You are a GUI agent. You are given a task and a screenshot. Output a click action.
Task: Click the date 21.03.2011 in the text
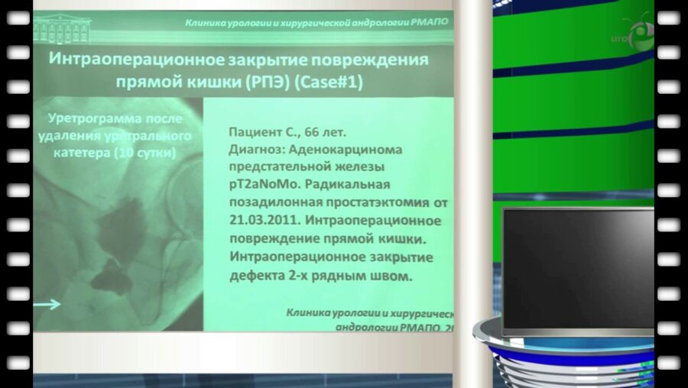point(260,221)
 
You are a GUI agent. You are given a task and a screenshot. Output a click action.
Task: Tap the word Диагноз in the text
point(257,150)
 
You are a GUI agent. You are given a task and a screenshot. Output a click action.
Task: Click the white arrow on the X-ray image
point(48,305)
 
